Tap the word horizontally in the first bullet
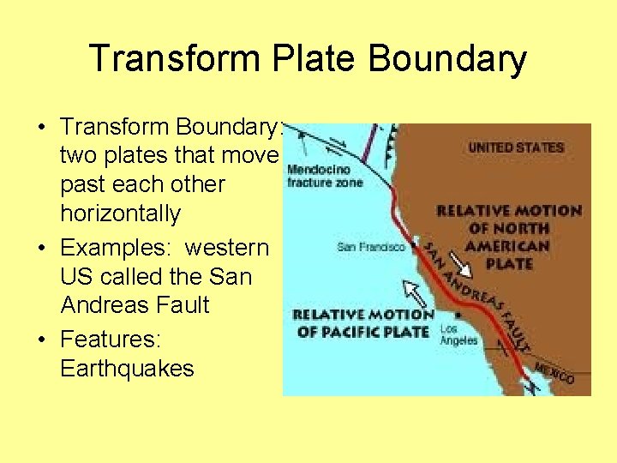click(121, 213)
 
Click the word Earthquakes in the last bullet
click(127, 369)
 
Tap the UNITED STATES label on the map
click(516, 147)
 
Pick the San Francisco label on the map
click(371, 247)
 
